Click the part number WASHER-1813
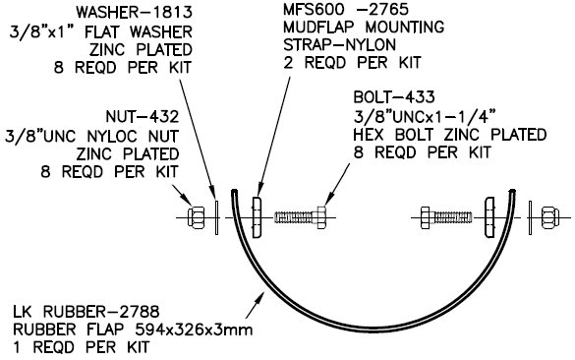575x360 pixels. [135, 13]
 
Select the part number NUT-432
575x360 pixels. [143, 117]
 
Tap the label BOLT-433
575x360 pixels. [394, 97]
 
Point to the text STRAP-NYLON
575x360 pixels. [339, 45]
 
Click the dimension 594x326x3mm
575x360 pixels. [194, 330]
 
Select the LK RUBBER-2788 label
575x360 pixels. [86, 312]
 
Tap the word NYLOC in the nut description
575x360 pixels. [112, 136]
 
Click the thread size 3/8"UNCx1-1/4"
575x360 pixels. [425, 117]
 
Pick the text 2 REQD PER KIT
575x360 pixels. [352, 63]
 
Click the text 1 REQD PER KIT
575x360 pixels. [81, 347]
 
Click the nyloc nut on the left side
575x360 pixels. [197, 217]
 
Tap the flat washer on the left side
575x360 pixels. [216, 217]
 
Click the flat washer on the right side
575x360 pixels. [530, 217]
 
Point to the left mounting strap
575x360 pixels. [257, 217]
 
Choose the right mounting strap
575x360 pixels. [489, 217]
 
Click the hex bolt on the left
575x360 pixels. [301, 217]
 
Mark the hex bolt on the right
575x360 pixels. [446, 217]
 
